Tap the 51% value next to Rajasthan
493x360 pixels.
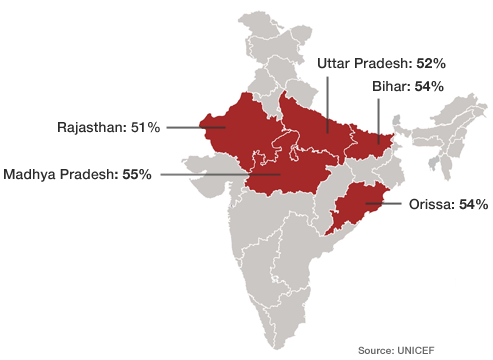(145, 128)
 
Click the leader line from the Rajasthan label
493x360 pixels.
(190, 128)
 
